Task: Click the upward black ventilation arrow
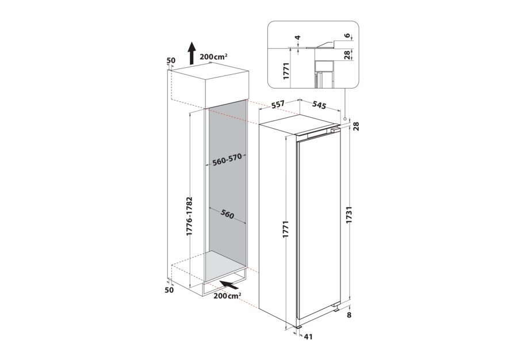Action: tap(192, 53)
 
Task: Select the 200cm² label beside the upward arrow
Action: tap(213, 57)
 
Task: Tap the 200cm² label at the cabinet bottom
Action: tap(227, 296)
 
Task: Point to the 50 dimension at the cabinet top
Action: tap(171, 60)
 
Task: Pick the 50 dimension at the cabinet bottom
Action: tap(169, 290)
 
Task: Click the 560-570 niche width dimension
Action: tap(227, 160)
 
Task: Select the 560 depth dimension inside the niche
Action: tap(227, 214)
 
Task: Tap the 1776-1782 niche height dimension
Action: tap(189, 216)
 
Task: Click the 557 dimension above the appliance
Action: tap(278, 105)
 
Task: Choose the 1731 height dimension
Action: tap(349, 215)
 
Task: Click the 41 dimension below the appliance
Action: tap(308, 337)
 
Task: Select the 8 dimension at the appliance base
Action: tap(349, 315)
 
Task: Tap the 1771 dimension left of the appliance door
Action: tap(286, 229)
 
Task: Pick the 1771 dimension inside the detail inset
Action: tap(286, 71)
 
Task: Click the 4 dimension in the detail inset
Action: tap(298, 37)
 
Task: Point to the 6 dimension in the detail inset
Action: tap(347, 36)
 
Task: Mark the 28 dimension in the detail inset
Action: tap(347, 55)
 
